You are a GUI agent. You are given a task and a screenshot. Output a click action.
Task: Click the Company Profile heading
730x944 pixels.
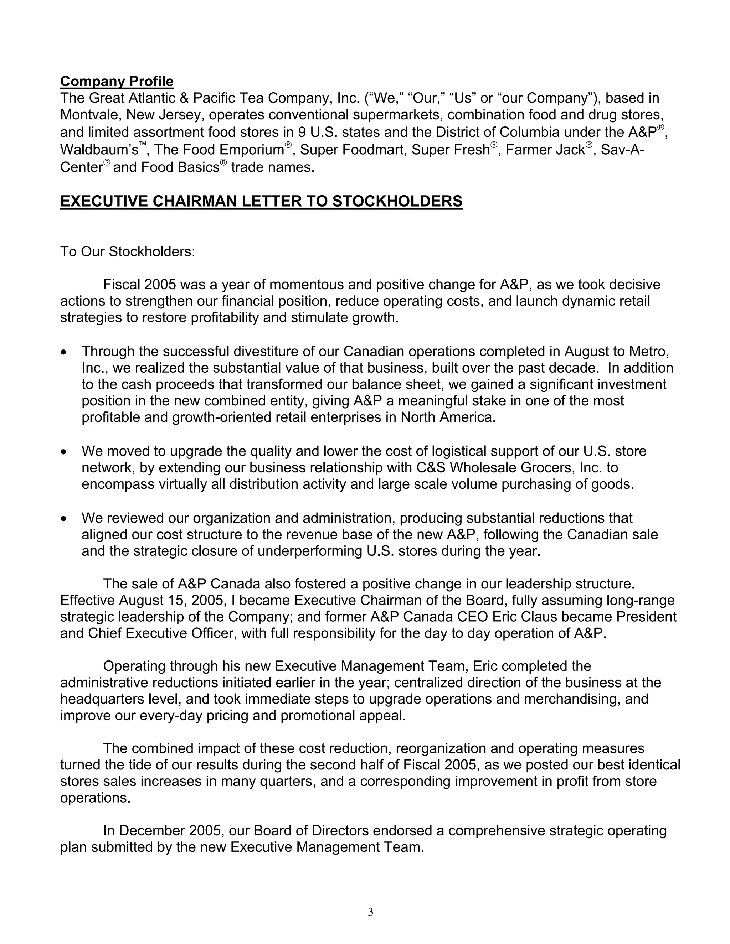(x=117, y=81)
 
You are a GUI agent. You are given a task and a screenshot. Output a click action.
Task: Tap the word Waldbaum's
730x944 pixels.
(x=99, y=150)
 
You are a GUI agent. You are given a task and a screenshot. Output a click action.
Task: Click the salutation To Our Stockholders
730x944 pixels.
(x=128, y=251)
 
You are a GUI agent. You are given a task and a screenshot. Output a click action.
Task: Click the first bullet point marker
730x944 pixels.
(x=64, y=353)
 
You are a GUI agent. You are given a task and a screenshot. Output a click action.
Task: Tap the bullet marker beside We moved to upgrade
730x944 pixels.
(x=64, y=452)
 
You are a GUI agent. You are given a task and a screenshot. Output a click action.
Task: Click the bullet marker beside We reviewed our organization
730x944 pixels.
(x=64, y=519)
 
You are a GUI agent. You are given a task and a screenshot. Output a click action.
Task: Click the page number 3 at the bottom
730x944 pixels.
(x=371, y=912)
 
